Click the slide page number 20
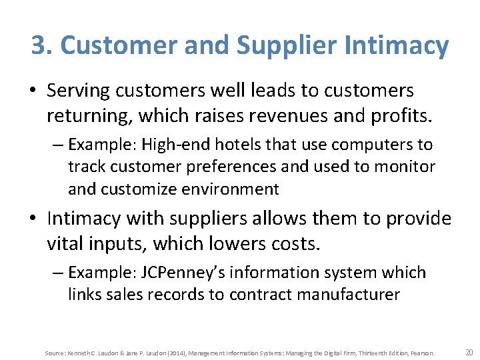tap(469, 352)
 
